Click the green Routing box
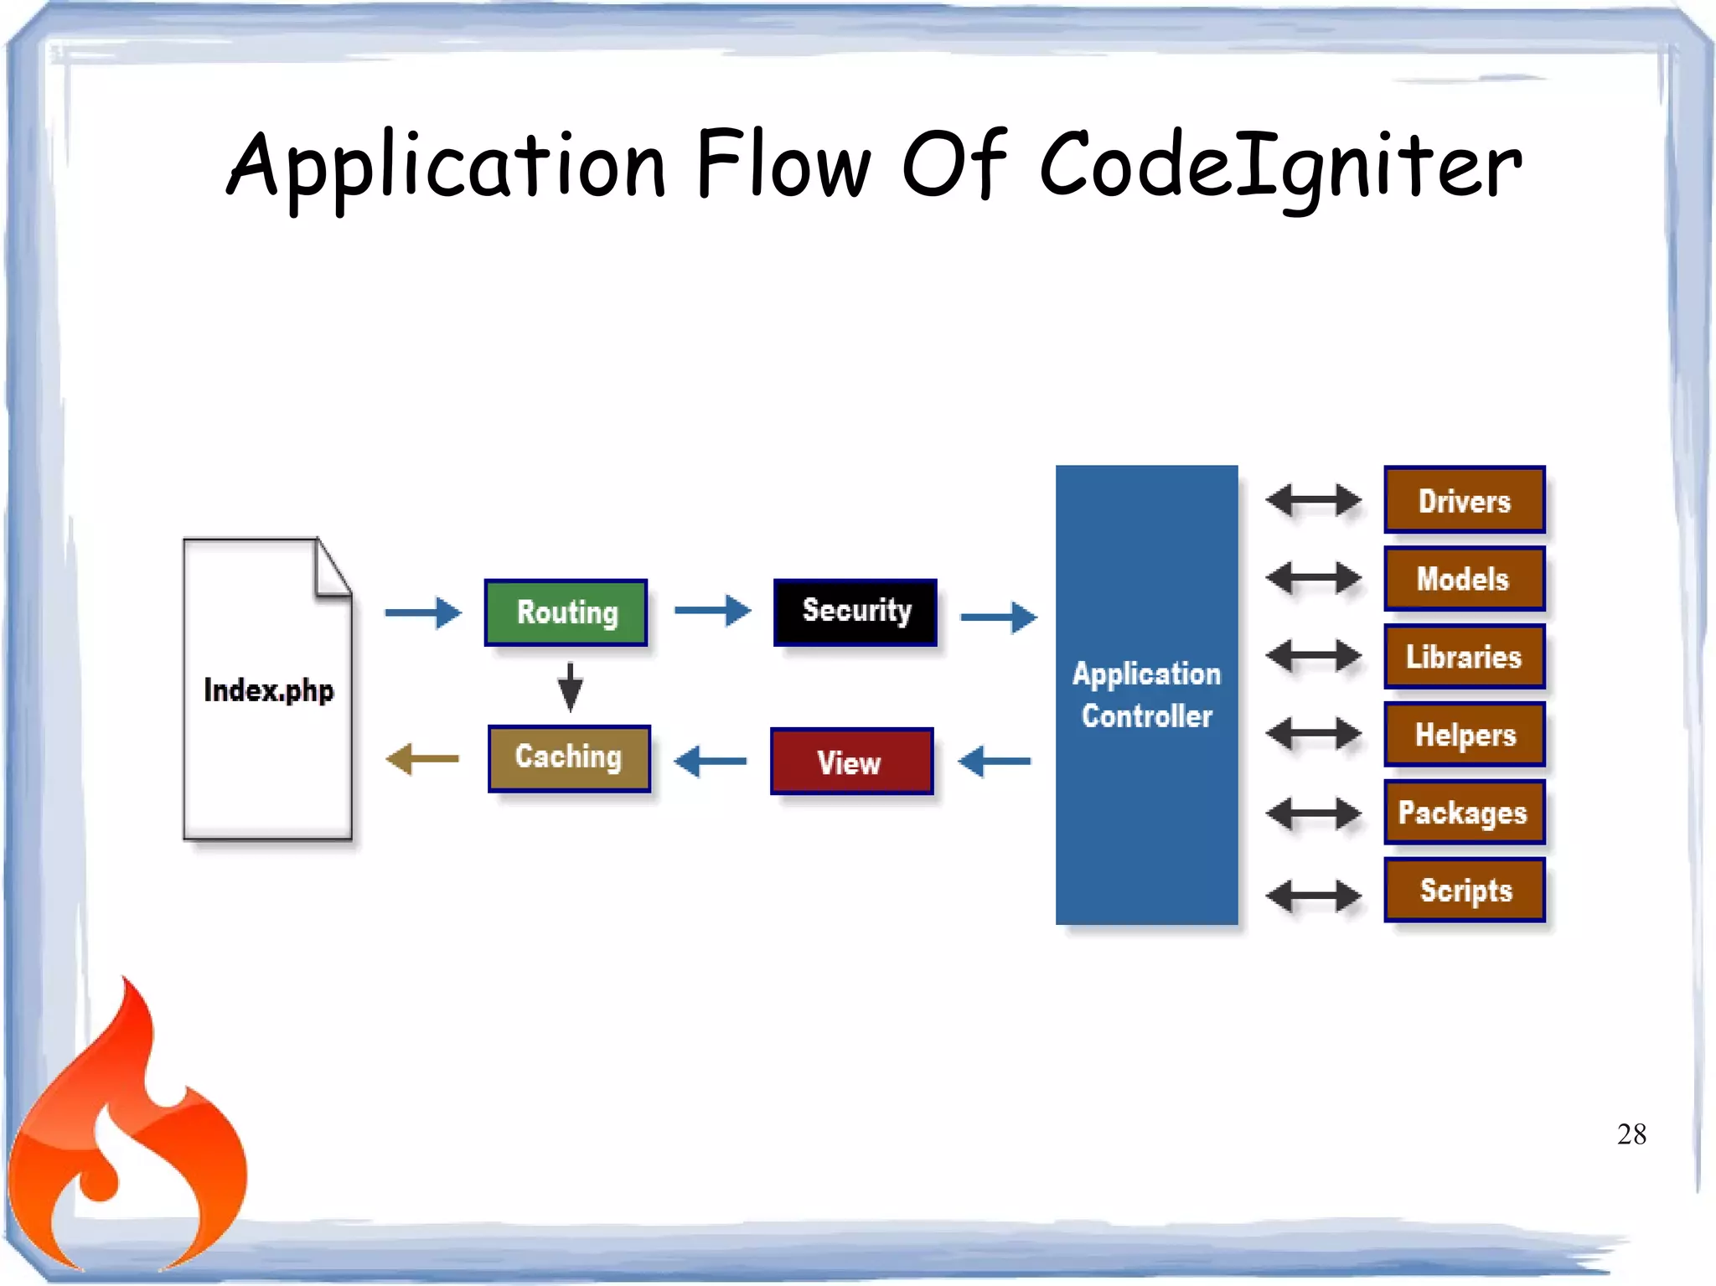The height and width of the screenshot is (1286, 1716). point(566,612)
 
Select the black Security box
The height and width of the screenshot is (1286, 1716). point(855,612)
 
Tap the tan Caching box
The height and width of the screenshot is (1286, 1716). point(569,758)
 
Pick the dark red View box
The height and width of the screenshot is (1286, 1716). point(851,762)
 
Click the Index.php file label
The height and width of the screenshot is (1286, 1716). point(268,690)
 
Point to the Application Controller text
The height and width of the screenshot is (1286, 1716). point(1146,695)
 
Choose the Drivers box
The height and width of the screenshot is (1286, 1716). point(1464,500)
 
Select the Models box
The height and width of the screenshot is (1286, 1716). point(1464,578)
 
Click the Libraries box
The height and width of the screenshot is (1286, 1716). point(1464,657)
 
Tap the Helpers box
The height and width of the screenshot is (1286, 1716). point(1464,735)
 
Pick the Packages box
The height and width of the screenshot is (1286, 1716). point(1464,813)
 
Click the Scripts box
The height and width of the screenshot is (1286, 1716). point(1464,891)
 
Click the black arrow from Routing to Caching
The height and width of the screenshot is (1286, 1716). point(570,687)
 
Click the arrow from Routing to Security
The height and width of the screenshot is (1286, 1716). point(712,611)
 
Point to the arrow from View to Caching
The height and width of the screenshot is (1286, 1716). point(711,762)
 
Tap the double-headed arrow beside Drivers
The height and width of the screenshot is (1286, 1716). point(1313,500)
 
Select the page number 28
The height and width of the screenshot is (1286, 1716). point(1631,1134)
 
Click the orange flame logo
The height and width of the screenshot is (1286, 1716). point(126,1139)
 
